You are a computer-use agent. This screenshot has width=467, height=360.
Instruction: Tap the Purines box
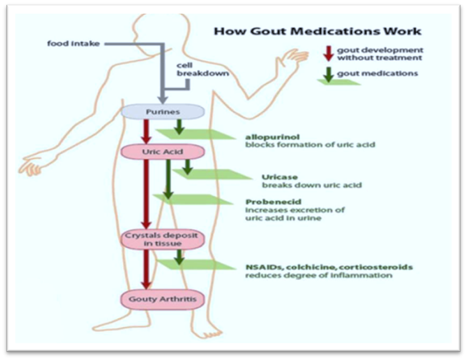pos(163,111)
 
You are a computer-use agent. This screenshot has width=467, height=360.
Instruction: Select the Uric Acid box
pos(163,152)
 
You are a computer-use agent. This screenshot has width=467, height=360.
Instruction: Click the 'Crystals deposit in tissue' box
pos(163,239)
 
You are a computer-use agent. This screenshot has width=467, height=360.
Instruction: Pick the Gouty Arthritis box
pos(163,299)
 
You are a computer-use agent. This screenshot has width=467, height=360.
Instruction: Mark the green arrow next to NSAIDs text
pos(178,256)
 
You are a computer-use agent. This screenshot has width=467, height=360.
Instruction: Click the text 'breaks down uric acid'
pos(311,185)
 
